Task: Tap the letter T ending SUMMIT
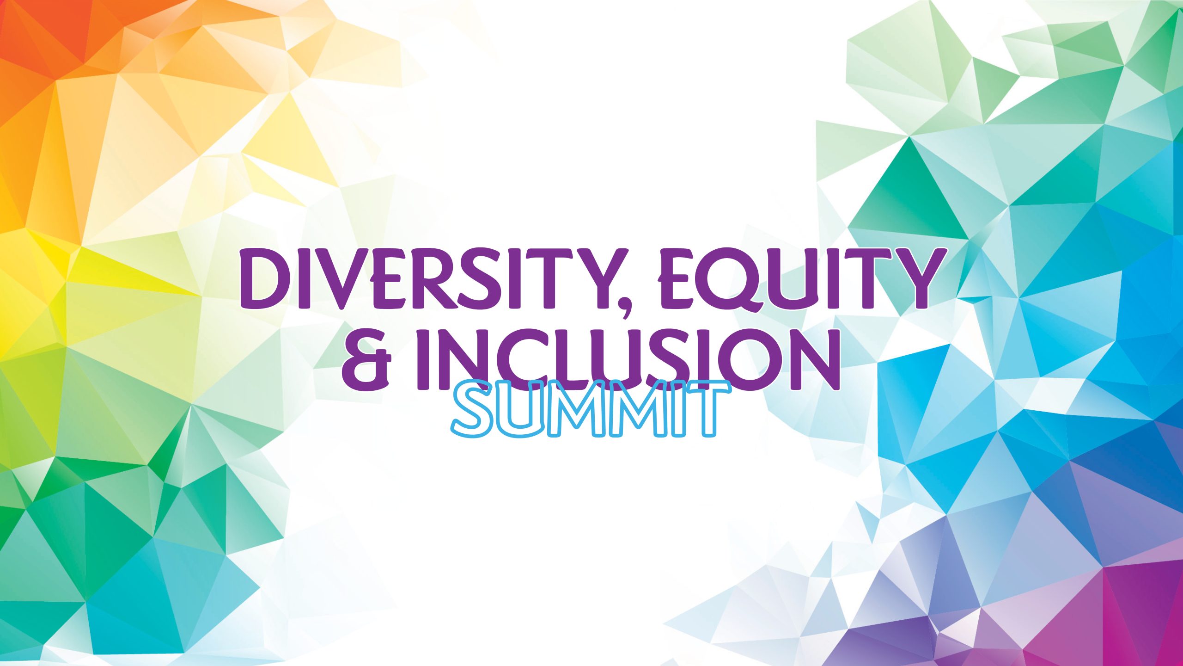[707, 409]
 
